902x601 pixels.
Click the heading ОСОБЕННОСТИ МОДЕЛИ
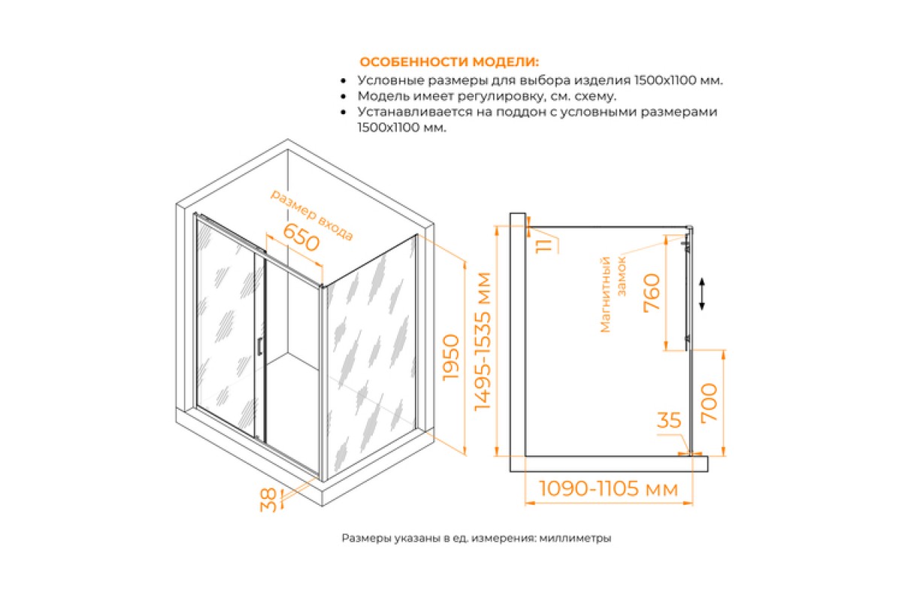tap(449, 62)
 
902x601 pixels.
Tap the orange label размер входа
tap(311, 216)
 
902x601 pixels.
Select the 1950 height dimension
tap(451, 358)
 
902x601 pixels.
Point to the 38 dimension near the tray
tap(268, 500)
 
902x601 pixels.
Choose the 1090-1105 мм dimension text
tap(608, 489)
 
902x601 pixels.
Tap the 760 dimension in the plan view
tap(652, 292)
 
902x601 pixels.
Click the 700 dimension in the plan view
tap(709, 403)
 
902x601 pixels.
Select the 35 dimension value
tap(669, 420)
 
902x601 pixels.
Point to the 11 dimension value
tap(543, 246)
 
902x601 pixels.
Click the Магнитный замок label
tap(613, 294)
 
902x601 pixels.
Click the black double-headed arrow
tap(702, 294)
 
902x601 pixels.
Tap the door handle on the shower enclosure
tap(260, 346)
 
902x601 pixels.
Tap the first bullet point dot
tap(343, 81)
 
